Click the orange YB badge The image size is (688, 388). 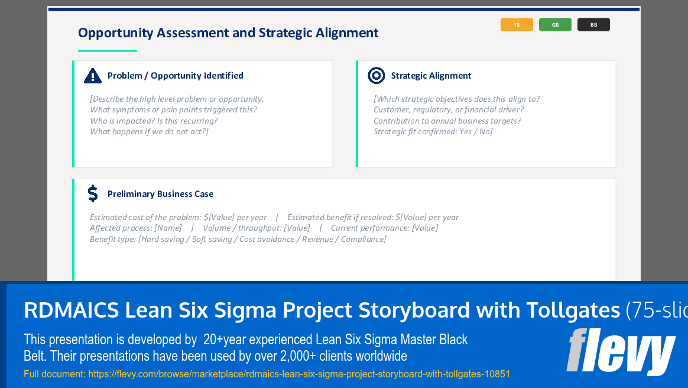517,25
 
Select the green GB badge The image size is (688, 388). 555,25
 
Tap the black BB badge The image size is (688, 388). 593,25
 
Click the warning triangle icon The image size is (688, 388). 93,76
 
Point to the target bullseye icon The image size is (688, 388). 377,76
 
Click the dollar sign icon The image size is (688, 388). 93,193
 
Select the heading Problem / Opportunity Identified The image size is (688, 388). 175,76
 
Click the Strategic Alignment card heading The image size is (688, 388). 431,76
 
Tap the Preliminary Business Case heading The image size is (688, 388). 160,194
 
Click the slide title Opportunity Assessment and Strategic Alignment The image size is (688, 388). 228,33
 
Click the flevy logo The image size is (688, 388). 620,352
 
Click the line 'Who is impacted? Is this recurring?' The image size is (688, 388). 154,121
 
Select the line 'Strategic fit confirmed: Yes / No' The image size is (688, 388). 433,131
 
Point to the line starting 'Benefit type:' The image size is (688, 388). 238,239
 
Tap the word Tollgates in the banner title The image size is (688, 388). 569,310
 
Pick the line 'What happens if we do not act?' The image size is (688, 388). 149,131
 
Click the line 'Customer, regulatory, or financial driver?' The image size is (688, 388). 448,109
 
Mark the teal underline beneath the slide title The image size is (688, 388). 108,51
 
